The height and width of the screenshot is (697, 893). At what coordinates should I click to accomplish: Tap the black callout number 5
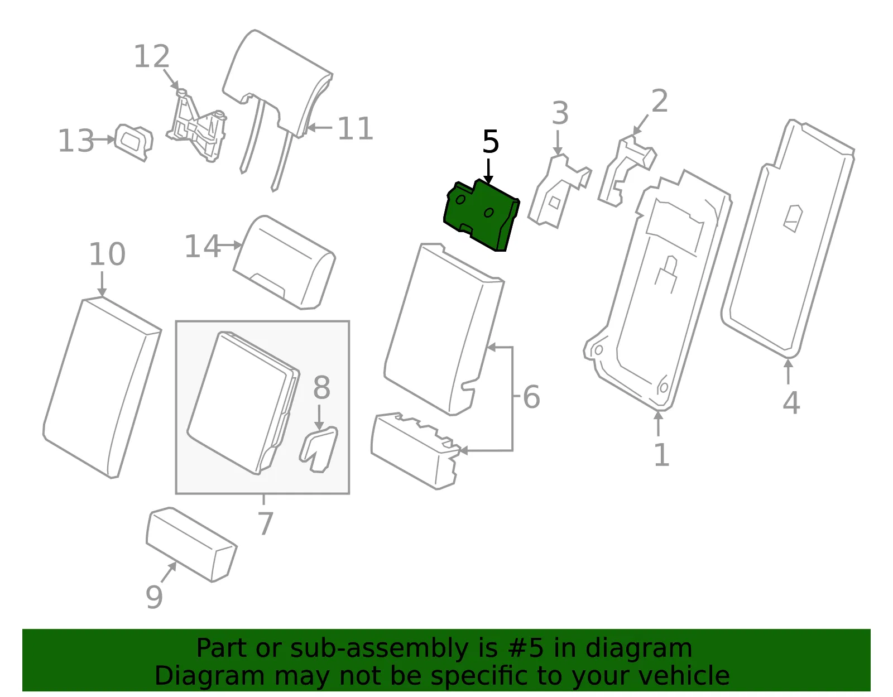[x=490, y=142]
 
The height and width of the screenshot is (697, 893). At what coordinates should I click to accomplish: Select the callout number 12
[x=152, y=56]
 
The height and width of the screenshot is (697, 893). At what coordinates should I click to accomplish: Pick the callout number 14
[x=202, y=247]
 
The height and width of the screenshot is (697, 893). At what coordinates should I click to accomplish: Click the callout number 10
[x=107, y=254]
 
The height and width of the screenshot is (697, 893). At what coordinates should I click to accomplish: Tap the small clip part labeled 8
[x=319, y=449]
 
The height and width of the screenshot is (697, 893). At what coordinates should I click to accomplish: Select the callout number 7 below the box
[x=265, y=523]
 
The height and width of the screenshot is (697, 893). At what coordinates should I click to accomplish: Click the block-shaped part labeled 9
[x=191, y=544]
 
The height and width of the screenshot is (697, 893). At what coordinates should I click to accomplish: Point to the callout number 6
[x=531, y=397]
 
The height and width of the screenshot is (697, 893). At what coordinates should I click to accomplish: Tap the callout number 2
[x=660, y=100]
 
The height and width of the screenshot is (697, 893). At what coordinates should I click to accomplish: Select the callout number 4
[x=791, y=402]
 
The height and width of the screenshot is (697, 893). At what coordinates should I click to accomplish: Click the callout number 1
[x=661, y=455]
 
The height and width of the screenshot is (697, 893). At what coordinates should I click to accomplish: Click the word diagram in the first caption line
[x=638, y=648]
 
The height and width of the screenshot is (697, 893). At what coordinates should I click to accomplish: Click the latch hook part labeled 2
[x=627, y=170]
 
